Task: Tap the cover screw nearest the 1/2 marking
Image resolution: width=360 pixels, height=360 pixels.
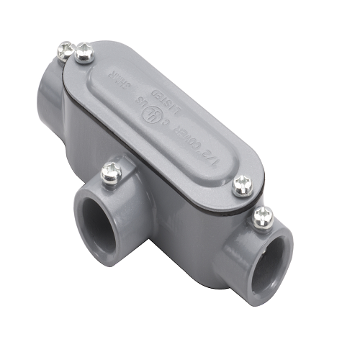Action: pos(242,186)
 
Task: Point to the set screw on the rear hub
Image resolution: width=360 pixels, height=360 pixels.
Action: pos(65,50)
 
